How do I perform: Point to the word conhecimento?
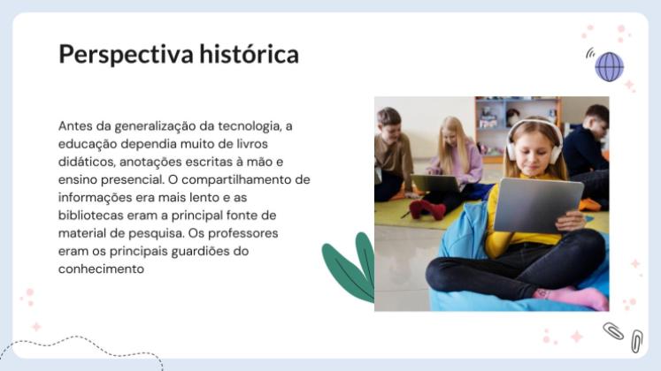click(100, 269)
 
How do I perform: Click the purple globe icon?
click(609, 66)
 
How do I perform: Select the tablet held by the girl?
click(537, 204)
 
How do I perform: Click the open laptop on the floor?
click(435, 184)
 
